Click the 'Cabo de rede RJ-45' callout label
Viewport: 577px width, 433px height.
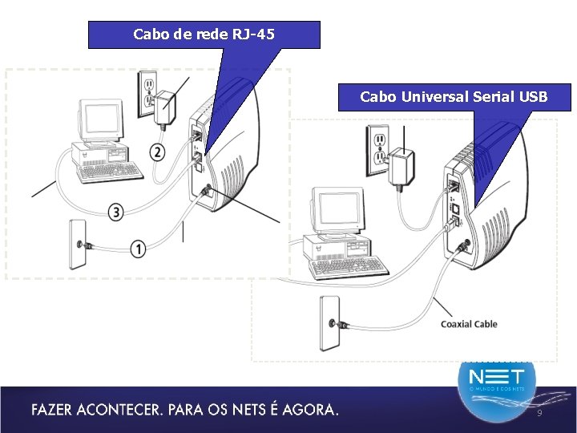pyautogui.click(x=204, y=34)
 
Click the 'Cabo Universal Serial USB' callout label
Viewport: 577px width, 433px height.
pyautogui.click(x=454, y=97)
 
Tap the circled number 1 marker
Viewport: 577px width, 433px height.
pyautogui.click(x=139, y=250)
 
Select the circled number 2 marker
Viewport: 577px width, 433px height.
pyautogui.click(x=158, y=152)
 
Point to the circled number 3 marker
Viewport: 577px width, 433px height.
pyautogui.click(x=116, y=212)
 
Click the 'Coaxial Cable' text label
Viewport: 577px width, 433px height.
pyautogui.click(x=469, y=324)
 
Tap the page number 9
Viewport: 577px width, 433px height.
pyautogui.click(x=539, y=412)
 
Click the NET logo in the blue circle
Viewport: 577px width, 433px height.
pyautogui.click(x=497, y=378)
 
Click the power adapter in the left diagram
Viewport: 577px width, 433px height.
pyautogui.click(x=167, y=108)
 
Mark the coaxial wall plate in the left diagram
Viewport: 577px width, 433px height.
pyautogui.click(x=79, y=243)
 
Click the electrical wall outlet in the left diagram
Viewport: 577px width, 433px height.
pyautogui.click(x=147, y=93)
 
